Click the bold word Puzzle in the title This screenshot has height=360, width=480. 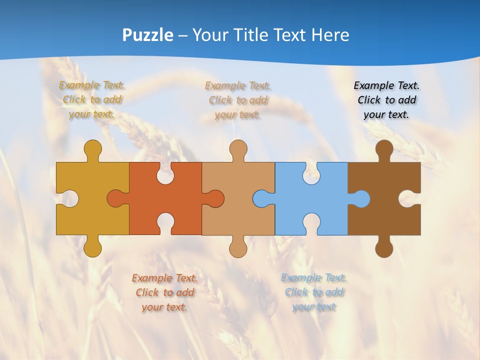coord(147,35)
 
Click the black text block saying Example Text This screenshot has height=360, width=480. coord(386,100)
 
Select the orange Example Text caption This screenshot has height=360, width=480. coord(164,292)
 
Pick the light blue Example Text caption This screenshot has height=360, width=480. coord(313,292)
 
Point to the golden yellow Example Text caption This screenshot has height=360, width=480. coord(92,100)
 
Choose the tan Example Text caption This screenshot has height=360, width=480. coord(238,100)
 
